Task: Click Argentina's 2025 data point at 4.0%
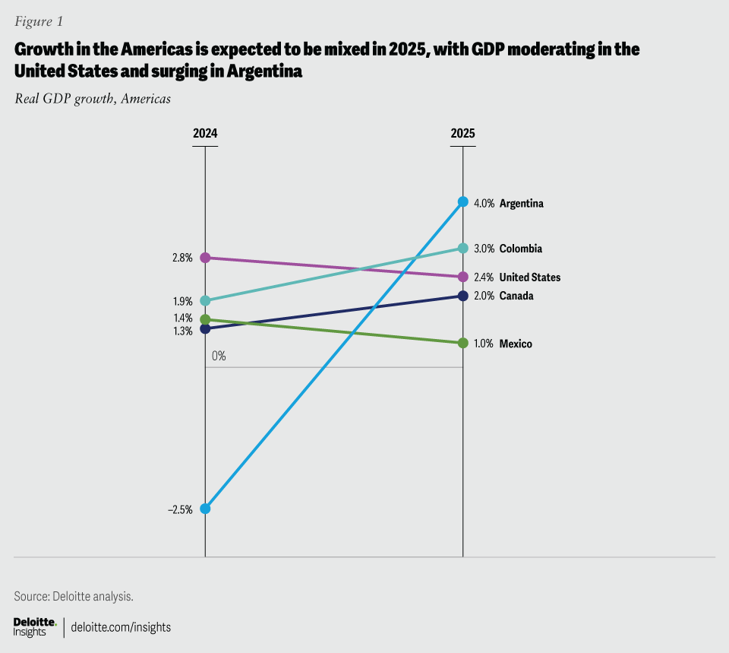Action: click(x=463, y=202)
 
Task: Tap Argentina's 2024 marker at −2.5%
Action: click(x=205, y=509)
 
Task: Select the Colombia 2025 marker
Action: click(x=463, y=248)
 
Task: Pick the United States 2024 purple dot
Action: click(x=205, y=258)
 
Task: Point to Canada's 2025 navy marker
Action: click(x=463, y=296)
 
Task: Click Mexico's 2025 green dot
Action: click(x=463, y=343)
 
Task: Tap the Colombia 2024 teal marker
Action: click(x=205, y=300)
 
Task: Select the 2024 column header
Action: click(x=205, y=133)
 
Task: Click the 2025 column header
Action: click(x=463, y=133)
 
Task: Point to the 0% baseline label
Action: click(x=219, y=356)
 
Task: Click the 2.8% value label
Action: click(x=182, y=258)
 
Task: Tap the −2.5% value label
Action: click(x=180, y=509)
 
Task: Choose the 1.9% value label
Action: click(x=182, y=301)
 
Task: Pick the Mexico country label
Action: click(x=516, y=344)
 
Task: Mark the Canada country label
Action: click(x=516, y=296)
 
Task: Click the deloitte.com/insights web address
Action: click(x=121, y=627)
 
